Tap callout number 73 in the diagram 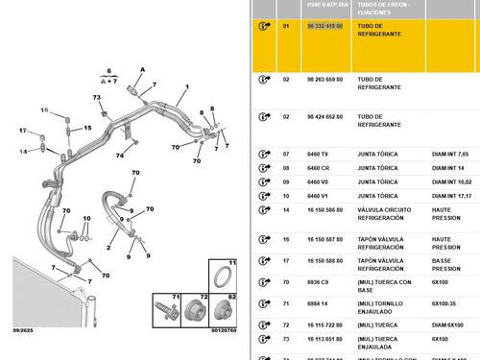point(97,98)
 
